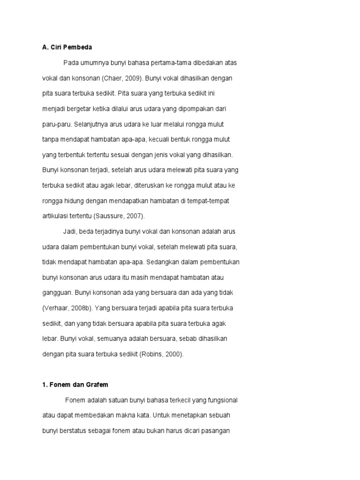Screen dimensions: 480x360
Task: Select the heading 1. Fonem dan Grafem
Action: [x=75, y=385]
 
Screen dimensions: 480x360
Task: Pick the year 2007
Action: [x=134, y=216]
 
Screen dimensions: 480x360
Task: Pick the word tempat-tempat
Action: [x=209, y=201]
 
